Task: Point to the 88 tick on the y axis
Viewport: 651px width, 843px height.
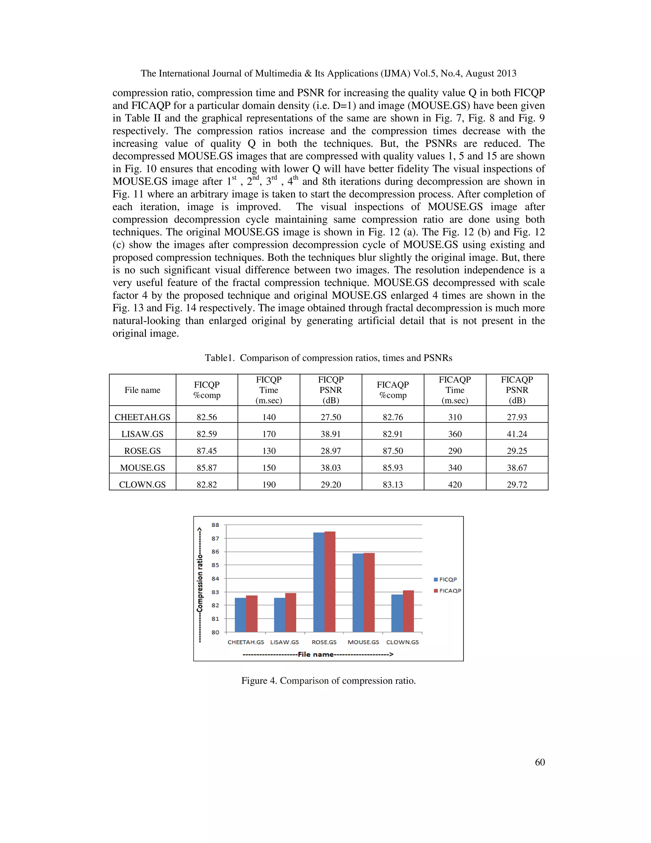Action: pos(215,525)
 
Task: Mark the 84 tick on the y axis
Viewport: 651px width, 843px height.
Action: pos(215,578)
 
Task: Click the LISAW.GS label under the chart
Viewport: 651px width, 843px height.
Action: pos(284,642)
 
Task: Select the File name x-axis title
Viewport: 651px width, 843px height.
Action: pos(318,654)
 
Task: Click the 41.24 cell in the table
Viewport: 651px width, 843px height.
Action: pos(517,434)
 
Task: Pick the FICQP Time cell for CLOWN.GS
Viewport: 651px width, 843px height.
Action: pos(269,484)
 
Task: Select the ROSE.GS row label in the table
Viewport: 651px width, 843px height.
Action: pos(142,451)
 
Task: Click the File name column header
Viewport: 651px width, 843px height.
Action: pos(142,390)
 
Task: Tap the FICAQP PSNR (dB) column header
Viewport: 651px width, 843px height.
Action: pos(517,390)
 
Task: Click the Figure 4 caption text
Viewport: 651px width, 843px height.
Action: pos(328,680)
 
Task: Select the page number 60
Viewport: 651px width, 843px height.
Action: pos(539,762)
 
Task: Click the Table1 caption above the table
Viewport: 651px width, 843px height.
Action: pos(328,358)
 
